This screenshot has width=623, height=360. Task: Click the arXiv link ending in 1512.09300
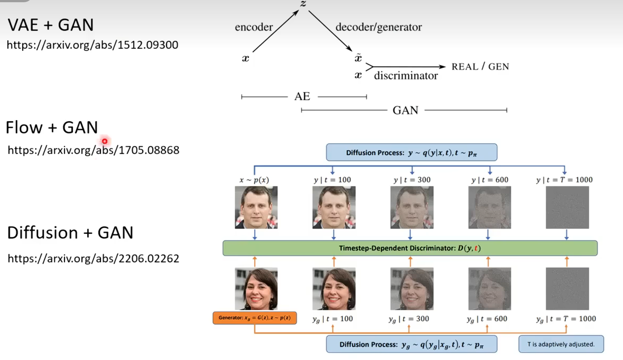tap(92, 45)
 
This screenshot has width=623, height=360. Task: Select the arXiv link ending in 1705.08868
tap(93, 150)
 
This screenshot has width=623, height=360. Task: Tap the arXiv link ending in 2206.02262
tap(93, 258)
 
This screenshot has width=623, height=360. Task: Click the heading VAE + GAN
tap(50, 25)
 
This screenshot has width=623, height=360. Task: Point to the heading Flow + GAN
tap(52, 128)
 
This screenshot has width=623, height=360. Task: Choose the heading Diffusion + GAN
tap(70, 233)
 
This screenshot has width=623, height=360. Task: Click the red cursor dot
tap(105, 141)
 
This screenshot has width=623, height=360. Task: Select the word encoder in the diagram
tap(254, 27)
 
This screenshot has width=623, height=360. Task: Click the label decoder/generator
tap(379, 27)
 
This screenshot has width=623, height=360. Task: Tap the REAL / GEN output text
tap(480, 66)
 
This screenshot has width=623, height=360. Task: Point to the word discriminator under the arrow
tap(406, 76)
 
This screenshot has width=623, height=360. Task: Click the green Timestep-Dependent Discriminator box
tap(410, 248)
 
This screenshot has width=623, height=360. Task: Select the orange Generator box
tap(254, 318)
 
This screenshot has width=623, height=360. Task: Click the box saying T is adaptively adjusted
tap(561, 344)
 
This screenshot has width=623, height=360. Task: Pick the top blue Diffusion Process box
tap(411, 152)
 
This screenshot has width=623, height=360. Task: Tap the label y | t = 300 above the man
tap(412, 180)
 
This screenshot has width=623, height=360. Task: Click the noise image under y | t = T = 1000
tap(567, 207)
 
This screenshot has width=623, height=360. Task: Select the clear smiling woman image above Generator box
tap(256, 289)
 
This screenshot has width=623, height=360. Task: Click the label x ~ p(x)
tap(254, 180)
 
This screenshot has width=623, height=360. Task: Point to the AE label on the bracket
tap(302, 96)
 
